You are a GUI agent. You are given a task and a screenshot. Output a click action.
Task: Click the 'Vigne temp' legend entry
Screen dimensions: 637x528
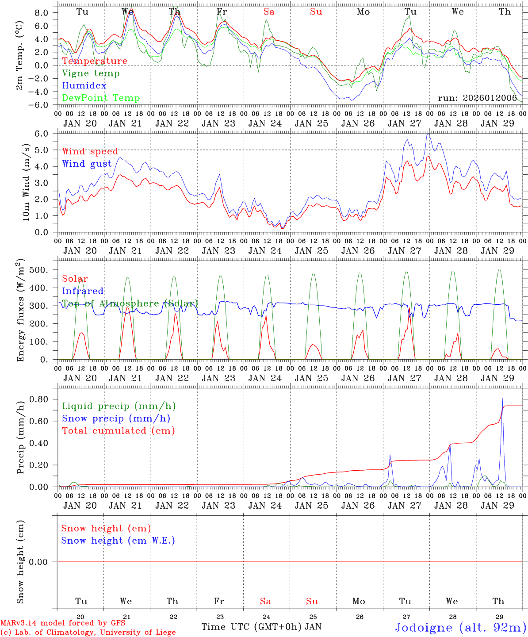(91, 73)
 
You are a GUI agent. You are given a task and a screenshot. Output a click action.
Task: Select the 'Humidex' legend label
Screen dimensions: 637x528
(84, 86)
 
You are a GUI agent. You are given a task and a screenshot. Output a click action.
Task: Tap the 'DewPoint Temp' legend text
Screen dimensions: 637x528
(101, 98)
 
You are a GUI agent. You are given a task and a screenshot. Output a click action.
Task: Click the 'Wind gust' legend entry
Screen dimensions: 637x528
(87, 164)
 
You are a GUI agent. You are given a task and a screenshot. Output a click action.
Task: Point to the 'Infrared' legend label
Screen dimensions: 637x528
(83, 291)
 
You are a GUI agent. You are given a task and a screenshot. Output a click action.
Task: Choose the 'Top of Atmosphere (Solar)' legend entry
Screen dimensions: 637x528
(130, 303)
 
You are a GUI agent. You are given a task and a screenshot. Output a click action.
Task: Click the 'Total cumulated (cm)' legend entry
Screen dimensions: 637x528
(118, 431)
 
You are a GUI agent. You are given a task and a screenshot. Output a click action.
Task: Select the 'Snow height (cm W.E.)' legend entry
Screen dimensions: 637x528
(118, 541)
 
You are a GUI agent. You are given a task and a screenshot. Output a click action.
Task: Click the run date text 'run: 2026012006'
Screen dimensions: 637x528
(477, 98)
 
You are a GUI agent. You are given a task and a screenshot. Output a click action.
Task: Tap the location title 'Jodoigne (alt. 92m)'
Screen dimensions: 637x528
(460, 627)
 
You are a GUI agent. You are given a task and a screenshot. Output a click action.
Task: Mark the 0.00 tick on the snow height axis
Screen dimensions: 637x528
(44, 562)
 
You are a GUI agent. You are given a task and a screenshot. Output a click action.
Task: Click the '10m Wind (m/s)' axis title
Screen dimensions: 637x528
(27, 182)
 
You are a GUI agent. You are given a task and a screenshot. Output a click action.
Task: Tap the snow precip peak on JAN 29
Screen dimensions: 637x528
(502, 399)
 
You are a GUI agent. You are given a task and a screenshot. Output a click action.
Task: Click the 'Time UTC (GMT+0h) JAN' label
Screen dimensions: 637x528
(261, 627)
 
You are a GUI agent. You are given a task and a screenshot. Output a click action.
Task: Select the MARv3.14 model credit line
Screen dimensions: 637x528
(63, 623)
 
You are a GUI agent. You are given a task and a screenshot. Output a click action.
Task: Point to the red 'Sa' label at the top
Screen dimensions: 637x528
(269, 12)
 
